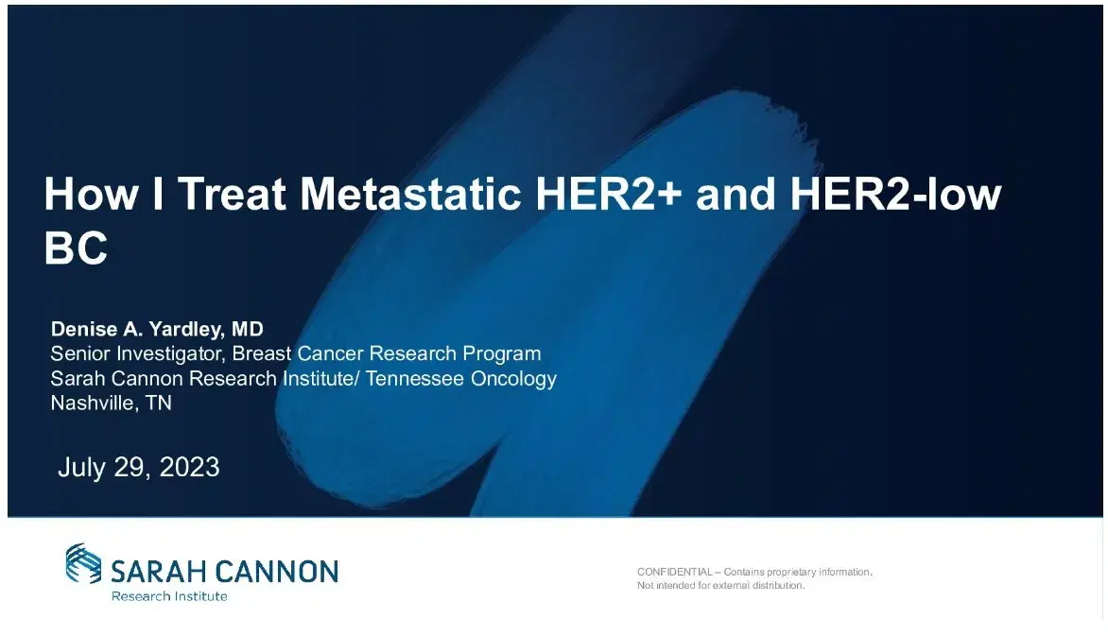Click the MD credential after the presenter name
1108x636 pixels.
[x=248, y=330]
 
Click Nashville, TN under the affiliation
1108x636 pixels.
[x=111, y=404]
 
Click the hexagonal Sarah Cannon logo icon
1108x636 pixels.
[x=83, y=563]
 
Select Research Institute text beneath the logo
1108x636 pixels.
[x=169, y=596]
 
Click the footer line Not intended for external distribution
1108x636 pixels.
[x=721, y=586]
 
